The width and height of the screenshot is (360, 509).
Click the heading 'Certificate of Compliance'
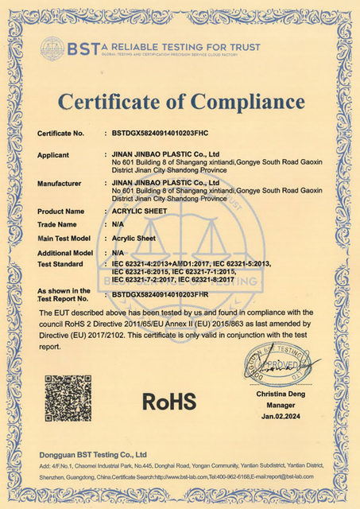coord(180,103)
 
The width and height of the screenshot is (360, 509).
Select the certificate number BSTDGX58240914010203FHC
coord(165,134)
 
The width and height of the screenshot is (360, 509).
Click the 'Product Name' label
coord(61,212)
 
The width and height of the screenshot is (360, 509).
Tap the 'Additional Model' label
coord(67,251)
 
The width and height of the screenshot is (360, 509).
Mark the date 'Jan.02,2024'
coord(281,415)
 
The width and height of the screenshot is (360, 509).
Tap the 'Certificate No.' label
coord(61,134)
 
